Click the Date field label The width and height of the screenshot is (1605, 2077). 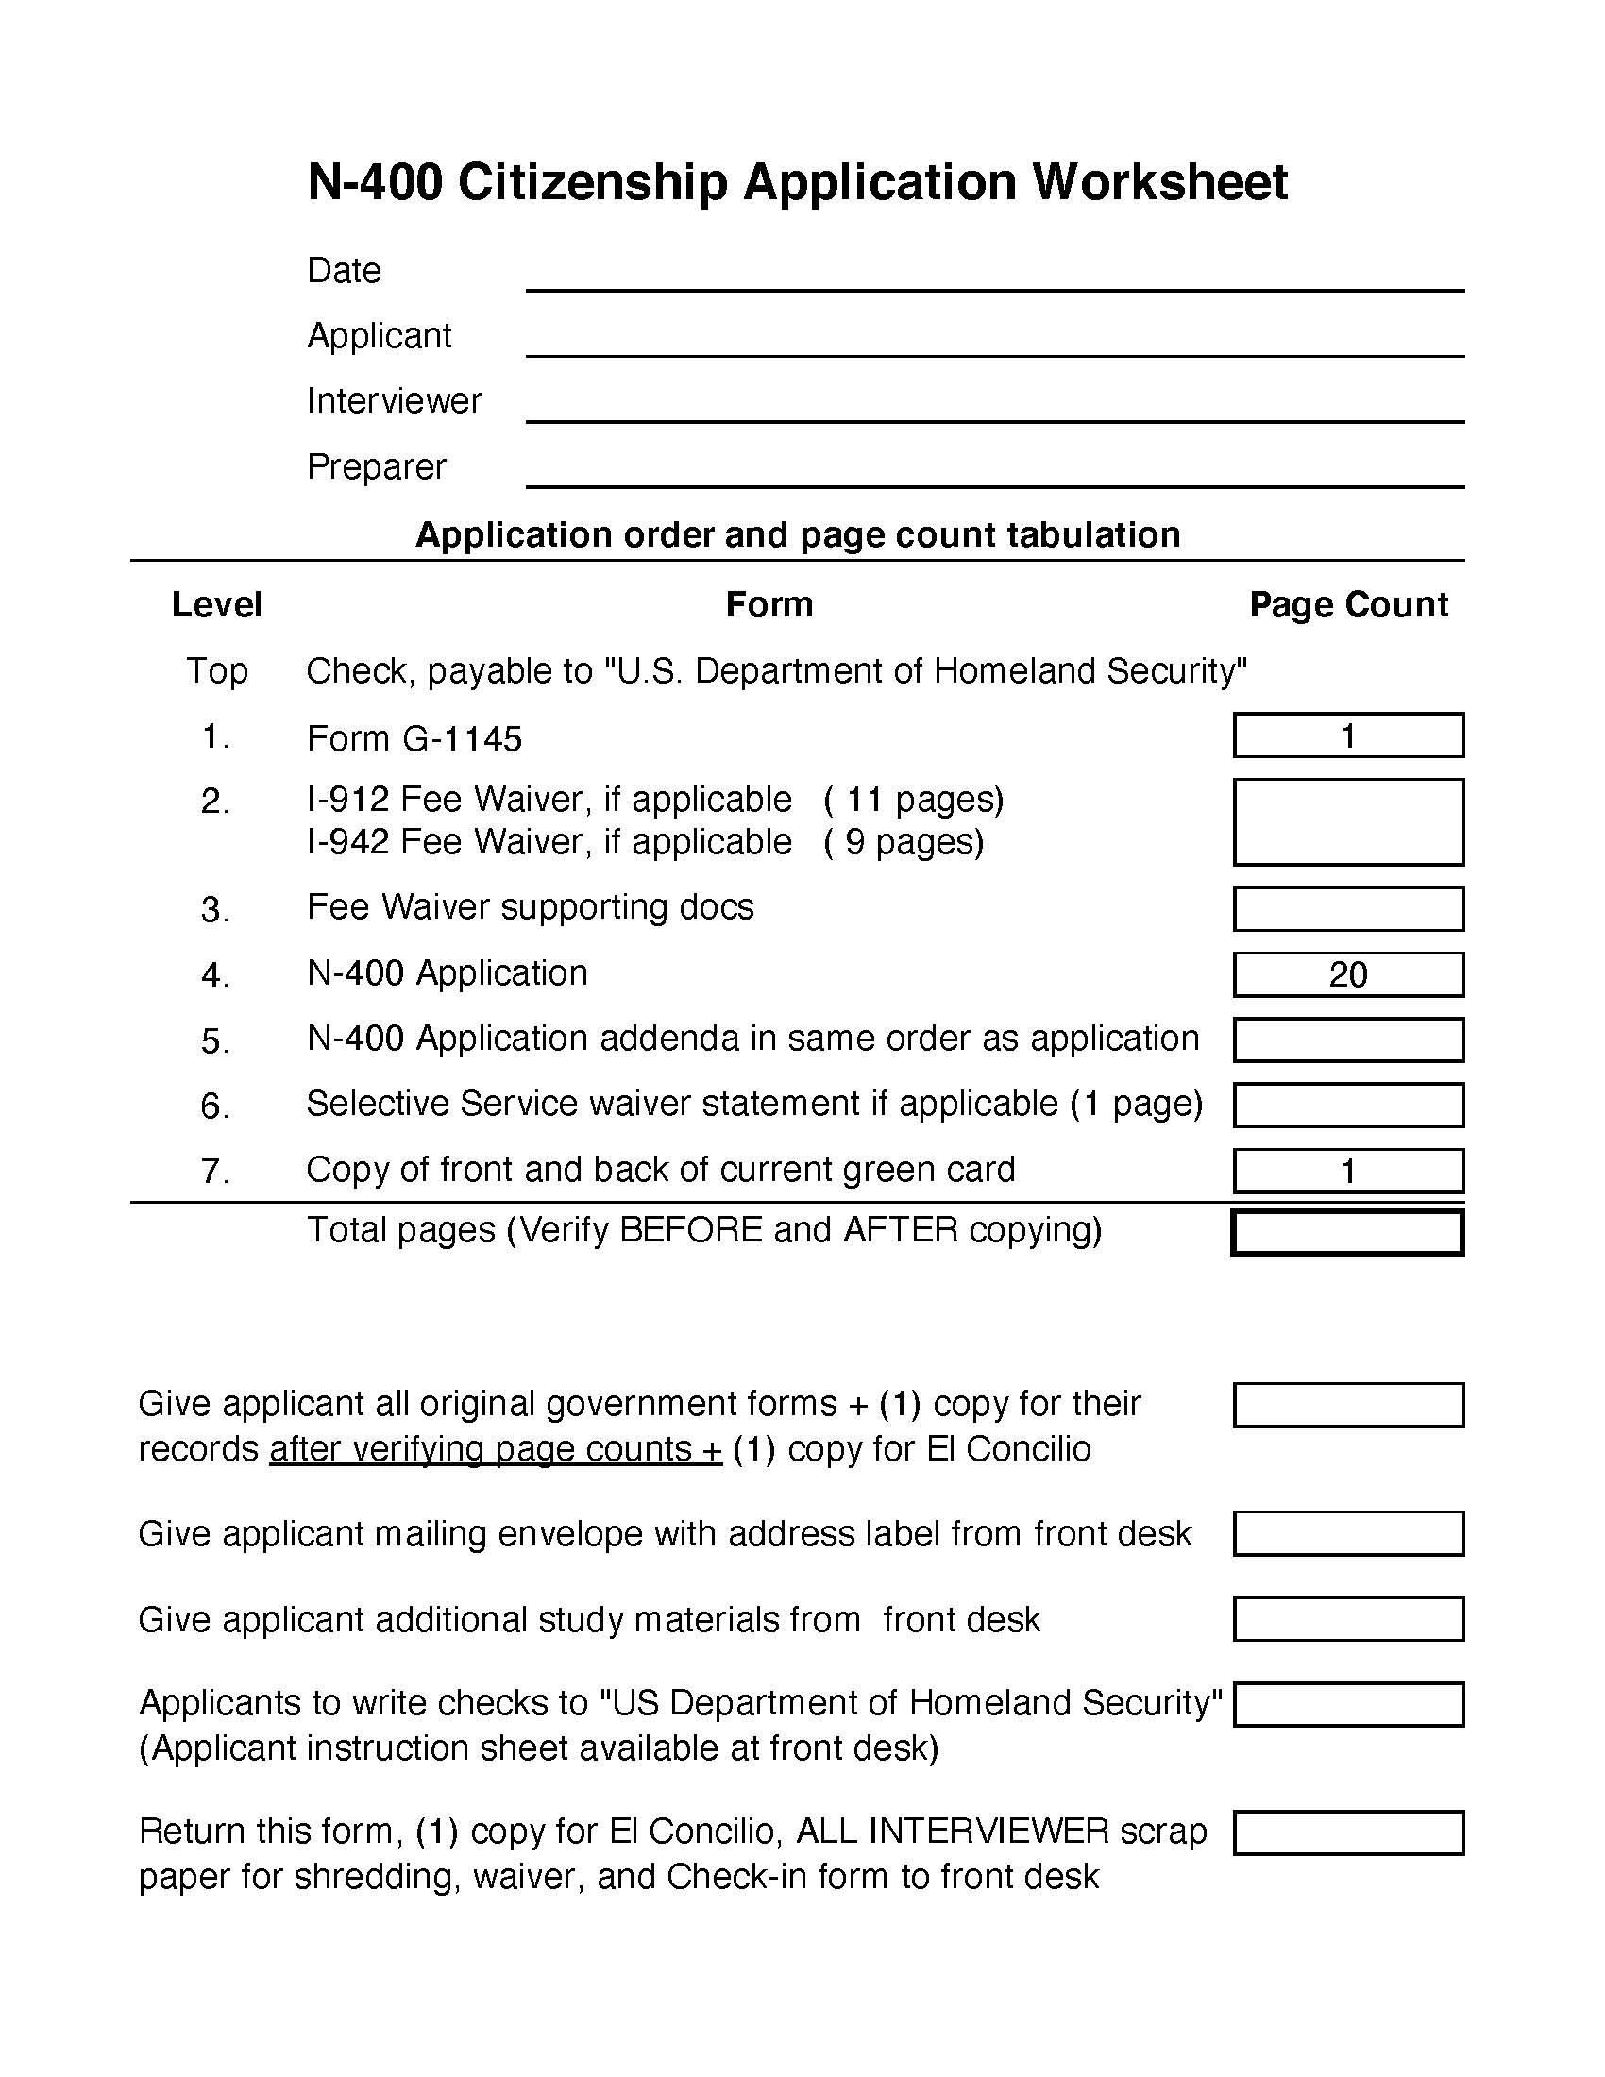click(344, 271)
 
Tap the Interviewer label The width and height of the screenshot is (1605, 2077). click(394, 400)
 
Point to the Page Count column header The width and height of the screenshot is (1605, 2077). click(1347, 605)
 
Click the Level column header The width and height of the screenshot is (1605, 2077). click(217, 605)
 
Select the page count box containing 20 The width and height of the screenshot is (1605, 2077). click(1347, 975)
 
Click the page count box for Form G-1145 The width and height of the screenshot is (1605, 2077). click(1347, 735)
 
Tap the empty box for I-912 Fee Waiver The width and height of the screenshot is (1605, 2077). click(1347, 821)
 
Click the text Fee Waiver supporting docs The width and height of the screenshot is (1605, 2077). click(530, 907)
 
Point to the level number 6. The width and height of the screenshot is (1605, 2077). click(215, 1106)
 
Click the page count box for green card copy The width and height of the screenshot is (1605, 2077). click(1347, 1171)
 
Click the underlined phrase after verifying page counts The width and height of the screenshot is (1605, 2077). click(495, 1449)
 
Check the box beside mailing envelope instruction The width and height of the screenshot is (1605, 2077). click(1347, 1534)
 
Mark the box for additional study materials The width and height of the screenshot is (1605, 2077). click(1347, 1619)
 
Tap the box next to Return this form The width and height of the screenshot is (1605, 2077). click(1347, 1832)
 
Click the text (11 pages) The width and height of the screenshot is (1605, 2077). click(913, 800)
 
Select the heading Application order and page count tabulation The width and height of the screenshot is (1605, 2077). click(798, 534)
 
